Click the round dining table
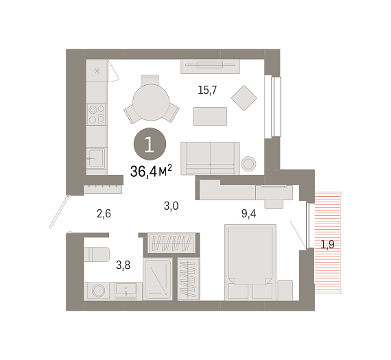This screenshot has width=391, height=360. pyautogui.click(x=151, y=102)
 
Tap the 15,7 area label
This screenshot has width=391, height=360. pyautogui.click(x=207, y=90)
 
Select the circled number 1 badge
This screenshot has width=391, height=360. pyautogui.click(x=150, y=144)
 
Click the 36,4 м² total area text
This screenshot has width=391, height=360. pyautogui.click(x=151, y=171)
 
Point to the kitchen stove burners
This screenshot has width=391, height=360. pyautogui.click(x=97, y=115)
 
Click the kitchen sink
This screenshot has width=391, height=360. pyautogui.click(x=96, y=158)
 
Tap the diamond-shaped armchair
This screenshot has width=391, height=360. pyautogui.click(x=244, y=98)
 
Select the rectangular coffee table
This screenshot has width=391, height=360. pyautogui.click(x=210, y=117)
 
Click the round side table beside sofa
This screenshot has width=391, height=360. pyautogui.click(x=248, y=164)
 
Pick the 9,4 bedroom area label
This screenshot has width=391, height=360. pyautogui.click(x=248, y=214)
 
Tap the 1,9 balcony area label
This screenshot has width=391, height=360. pyautogui.click(x=327, y=245)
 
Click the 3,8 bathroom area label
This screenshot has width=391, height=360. pyautogui.click(x=123, y=265)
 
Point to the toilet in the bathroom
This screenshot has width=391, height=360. pyautogui.click(x=97, y=254)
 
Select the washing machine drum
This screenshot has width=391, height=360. pyautogui.click(x=99, y=291)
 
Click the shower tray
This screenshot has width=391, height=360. pyautogui.click(x=158, y=279)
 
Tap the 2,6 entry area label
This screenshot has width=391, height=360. pyautogui.click(x=104, y=214)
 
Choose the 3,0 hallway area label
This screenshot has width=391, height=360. pyautogui.click(x=171, y=206)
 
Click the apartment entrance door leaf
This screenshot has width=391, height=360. pyautogui.click(x=60, y=212)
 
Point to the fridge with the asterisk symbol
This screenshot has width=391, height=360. pyautogui.click(x=97, y=71)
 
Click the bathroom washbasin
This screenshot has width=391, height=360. pyautogui.click(x=126, y=291)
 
